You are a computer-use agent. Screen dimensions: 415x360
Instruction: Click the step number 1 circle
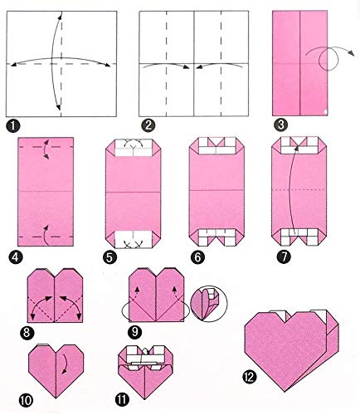[x=12, y=125]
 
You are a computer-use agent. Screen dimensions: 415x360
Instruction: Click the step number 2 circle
[x=144, y=126]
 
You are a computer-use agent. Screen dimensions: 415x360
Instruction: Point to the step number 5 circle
[x=109, y=258]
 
